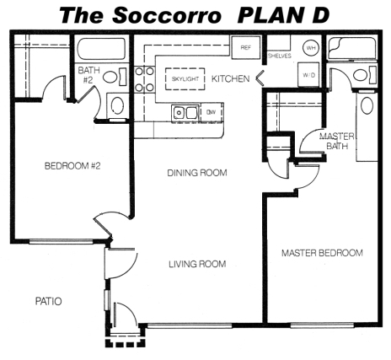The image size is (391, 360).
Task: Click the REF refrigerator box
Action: pyautogui.click(x=245, y=47)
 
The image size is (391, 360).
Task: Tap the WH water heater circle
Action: pyautogui.click(x=311, y=48)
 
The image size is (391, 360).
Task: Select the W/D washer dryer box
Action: pyautogui.click(x=308, y=75)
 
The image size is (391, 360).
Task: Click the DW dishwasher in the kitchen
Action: pyautogui.click(x=212, y=112)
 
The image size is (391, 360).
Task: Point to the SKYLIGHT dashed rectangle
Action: pyautogui.click(x=185, y=79)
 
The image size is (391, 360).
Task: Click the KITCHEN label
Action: pyautogui.click(x=230, y=78)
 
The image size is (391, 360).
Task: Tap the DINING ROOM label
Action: pyautogui.click(x=197, y=173)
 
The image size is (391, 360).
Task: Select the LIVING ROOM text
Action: pyautogui.click(x=197, y=264)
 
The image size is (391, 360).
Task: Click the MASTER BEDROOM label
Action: pyautogui.click(x=322, y=253)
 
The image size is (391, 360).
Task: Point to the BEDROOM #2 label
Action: pyautogui.click(x=72, y=166)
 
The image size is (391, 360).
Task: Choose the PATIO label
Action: pyautogui.click(x=48, y=301)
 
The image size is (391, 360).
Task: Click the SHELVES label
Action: pyautogui.click(x=280, y=56)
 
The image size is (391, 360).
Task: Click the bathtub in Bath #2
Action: pyautogui.click(x=101, y=49)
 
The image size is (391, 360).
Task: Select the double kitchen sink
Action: pyautogui.click(x=185, y=113)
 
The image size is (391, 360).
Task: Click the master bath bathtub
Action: pyautogui.click(x=352, y=48)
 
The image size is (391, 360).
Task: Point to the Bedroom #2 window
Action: pyautogui.click(x=61, y=241)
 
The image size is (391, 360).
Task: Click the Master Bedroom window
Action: pyautogui.click(x=322, y=325)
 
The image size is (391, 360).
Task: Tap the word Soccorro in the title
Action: pyautogui.click(x=167, y=15)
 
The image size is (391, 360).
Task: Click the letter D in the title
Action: pyautogui.click(x=320, y=15)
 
